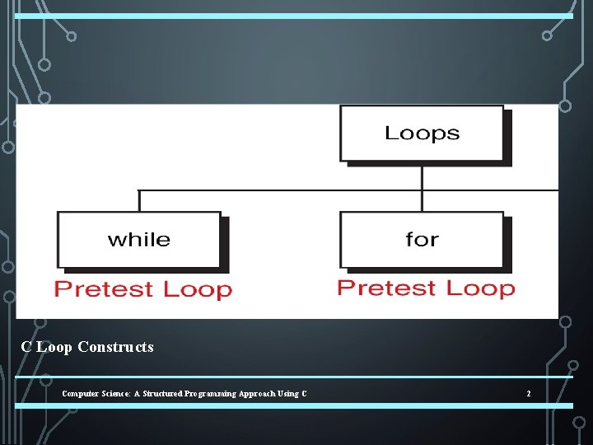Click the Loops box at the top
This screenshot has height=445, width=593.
click(x=421, y=133)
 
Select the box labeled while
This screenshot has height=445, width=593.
click(x=138, y=240)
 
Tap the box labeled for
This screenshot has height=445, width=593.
click(x=421, y=240)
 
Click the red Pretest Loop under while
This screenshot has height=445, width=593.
click(x=143, y=289)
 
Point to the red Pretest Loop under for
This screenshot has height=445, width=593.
click(x=426, y=288)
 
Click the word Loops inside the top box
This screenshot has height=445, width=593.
click(x=422, y=133)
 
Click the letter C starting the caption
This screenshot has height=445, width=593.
click(x=26, y=347)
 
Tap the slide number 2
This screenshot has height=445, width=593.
click(x=529, y=394)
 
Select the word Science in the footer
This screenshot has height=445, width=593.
click(x=110, y=394)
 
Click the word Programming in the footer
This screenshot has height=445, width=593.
click(x=205, y=394)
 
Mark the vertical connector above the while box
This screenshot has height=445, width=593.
click(x=139, y=200)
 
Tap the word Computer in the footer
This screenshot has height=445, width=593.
click(x=78, y=394)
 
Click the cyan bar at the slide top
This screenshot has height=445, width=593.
click(x=294, y=16)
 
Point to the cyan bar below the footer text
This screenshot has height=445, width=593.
click(x=294, y=405)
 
